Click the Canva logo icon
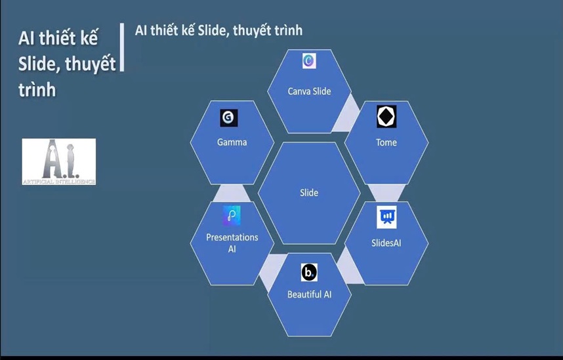click(x=309, y=61)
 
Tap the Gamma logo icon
click(x=229, y=117)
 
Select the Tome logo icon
click(x=386, y=116)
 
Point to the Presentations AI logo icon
click(x=232, y=216)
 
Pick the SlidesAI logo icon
click(x=386, y=217)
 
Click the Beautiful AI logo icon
click(x=309, y=272)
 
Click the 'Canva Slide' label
click(x=309, y=91)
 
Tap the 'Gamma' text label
click(x=232, y=142)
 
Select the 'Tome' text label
click(x=386, y=142)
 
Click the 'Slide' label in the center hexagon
click(x=309, y=193)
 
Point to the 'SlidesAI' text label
click(x=386, y=243)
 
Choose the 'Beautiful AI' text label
click(x=309, y=294)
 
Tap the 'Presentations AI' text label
click(x=232, y=243)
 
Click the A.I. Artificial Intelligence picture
click(x=59, y=161)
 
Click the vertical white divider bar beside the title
click(x=122, y=47)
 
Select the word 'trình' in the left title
click(x=37, y=90)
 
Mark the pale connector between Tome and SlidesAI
click(x=386, y=193)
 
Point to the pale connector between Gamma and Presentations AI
click(x=232, y=193)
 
